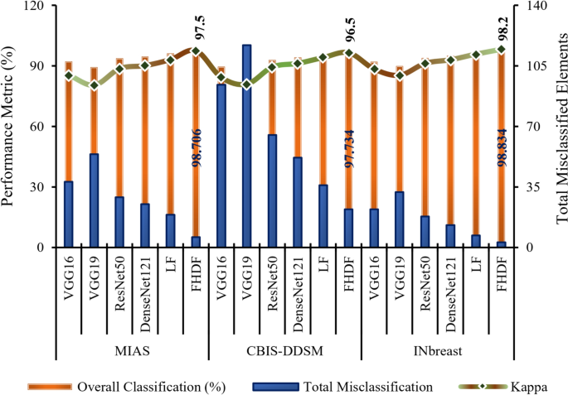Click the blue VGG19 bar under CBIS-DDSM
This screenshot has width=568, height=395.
pos(247,146)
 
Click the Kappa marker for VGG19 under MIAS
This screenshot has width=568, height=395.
pos(94,84)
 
